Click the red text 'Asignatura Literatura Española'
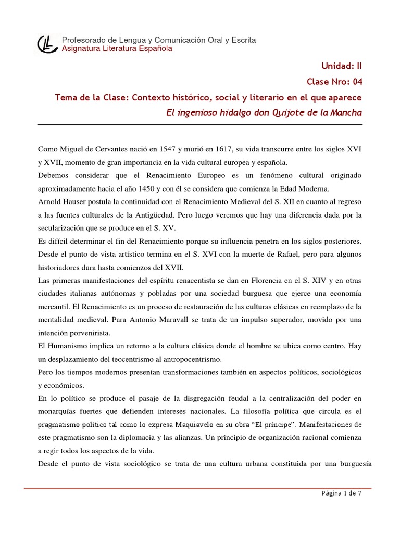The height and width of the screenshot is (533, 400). click(x=117, y=49)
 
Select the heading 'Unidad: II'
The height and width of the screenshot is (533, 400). click(x=342, y=66)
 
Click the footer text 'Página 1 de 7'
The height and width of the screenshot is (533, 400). click(x=341, y=494)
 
